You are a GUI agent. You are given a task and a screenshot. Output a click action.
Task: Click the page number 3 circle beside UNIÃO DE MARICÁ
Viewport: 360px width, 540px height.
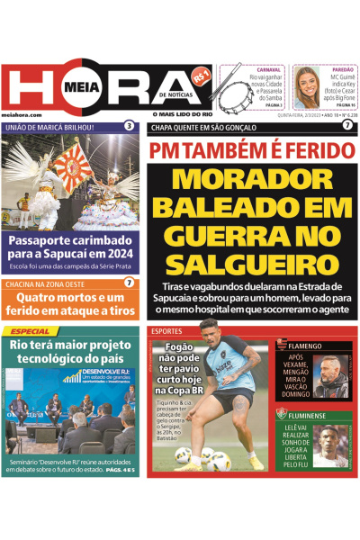coord(130,126)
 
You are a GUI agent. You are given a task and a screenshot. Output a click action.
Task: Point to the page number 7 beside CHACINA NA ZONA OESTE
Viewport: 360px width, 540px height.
coord(130,283)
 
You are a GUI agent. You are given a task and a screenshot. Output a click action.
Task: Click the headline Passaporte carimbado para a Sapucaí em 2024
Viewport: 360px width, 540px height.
coord(70,247)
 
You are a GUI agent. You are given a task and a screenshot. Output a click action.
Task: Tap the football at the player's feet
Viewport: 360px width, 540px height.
coord(184,454)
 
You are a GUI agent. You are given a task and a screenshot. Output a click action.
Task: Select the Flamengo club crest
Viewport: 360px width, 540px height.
coord(279,344)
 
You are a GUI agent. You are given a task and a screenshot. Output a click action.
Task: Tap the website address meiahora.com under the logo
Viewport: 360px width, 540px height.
coord(19,115)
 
